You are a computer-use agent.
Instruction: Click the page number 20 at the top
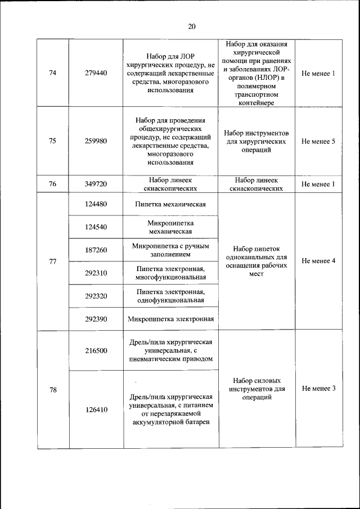pos(192,26)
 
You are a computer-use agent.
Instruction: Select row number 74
pos(53,74)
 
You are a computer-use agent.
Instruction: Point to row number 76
pos(53,184)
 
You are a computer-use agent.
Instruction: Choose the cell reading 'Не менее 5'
pos(318,141)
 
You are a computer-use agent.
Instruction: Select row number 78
pos(53,389)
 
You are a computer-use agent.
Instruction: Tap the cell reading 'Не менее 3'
pos(318,389)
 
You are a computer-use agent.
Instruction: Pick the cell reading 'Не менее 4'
pos(318,261)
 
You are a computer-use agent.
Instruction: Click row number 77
pos(53,262)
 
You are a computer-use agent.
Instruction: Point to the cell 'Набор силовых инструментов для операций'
pos(256,389)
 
